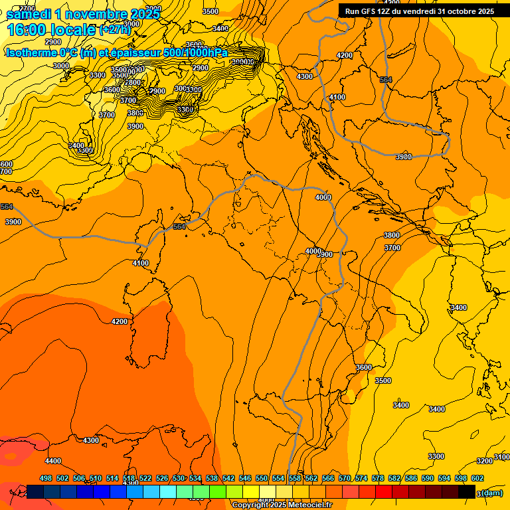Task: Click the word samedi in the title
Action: pos(28,14)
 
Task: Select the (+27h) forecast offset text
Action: pos(116,30)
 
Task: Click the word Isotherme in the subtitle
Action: pos(31,52)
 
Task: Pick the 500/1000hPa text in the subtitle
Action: pos(195,52)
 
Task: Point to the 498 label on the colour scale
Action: pos(46,478)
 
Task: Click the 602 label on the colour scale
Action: pos(477,478)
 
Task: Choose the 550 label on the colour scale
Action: pos(262,478)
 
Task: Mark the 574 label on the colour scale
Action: pos(361,478)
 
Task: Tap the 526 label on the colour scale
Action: pos(162,478)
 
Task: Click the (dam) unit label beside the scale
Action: pos(492,493)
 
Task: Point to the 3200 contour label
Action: pos(485,461)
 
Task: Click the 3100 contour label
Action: pos(503,457)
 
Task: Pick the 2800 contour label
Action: pos(133,83)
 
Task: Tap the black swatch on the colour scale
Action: pos(467,491)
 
